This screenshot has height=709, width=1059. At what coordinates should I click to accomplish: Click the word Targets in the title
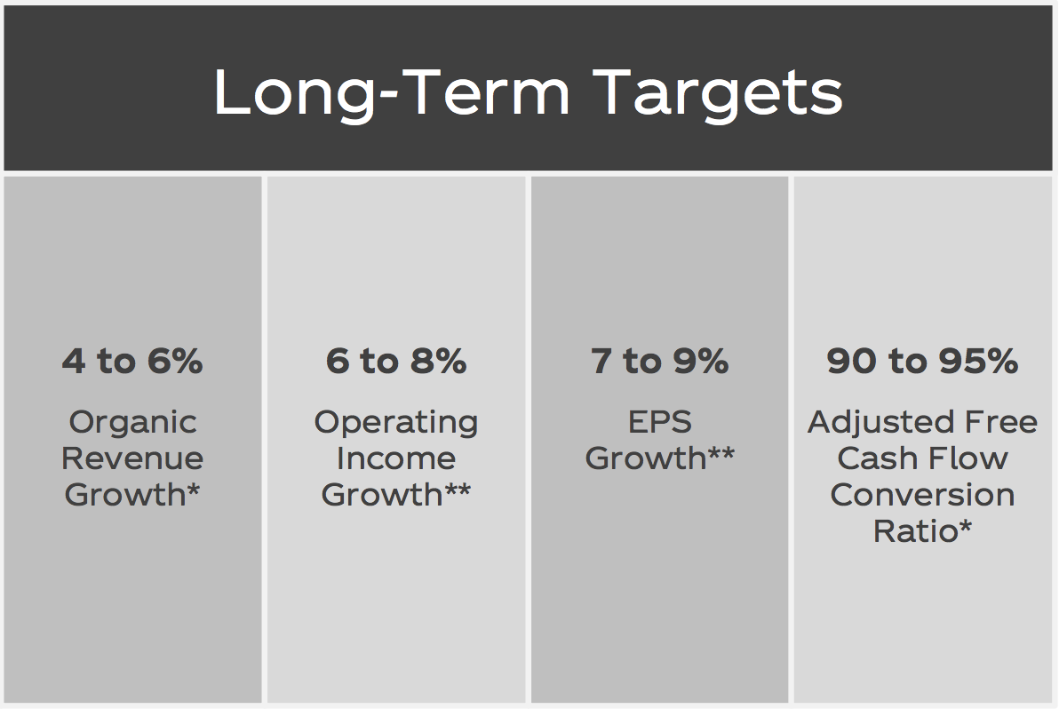(721, 94)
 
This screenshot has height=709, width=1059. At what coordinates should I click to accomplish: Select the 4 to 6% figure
(132, 361)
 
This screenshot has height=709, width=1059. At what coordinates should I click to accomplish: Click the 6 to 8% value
(396, 361)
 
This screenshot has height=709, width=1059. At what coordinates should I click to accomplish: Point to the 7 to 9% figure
(660, 361)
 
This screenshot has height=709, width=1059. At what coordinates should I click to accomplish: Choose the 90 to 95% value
(922, 361)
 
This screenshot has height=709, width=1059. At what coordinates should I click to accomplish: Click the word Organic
(133, 424)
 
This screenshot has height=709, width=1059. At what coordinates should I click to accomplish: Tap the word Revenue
(132, 458)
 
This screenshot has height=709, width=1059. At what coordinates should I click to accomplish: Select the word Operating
(396, 424)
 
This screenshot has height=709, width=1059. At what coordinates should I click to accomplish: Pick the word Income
(396, 458)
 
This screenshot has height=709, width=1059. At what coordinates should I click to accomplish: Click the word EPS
(660, 422)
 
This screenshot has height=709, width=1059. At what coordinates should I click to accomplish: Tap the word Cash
(876, 458)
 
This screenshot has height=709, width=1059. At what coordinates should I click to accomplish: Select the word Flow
(967, 458)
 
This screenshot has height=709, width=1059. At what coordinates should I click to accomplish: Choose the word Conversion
(922, 495)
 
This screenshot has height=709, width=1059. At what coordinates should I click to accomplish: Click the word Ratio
(916, 531)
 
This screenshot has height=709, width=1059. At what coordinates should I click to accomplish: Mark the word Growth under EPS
(646, 458)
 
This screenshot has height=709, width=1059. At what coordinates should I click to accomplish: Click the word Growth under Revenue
(125, 495)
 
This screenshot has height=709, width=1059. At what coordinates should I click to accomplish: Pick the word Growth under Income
(382, 495)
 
